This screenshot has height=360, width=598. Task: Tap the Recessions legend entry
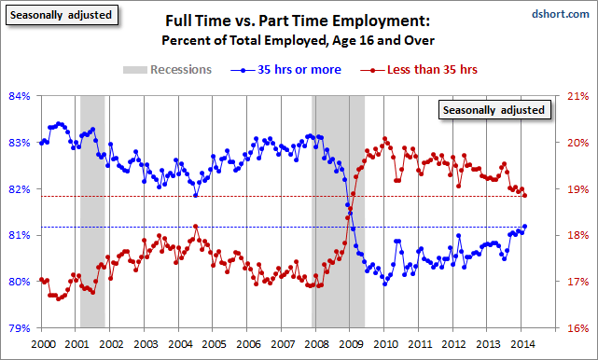[x=167, y=69]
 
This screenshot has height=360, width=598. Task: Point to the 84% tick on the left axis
[x=18, y=95]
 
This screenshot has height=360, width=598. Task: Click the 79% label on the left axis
[x=18, y=328]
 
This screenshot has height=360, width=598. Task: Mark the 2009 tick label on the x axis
[x=351, y=343]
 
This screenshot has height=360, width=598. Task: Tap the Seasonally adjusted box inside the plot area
[x=495, y=109]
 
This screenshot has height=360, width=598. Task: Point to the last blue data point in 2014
[x=525, y=226]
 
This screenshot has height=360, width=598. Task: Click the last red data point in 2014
[x=525, y=196]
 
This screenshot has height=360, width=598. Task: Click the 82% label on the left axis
[x=18, y=188]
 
